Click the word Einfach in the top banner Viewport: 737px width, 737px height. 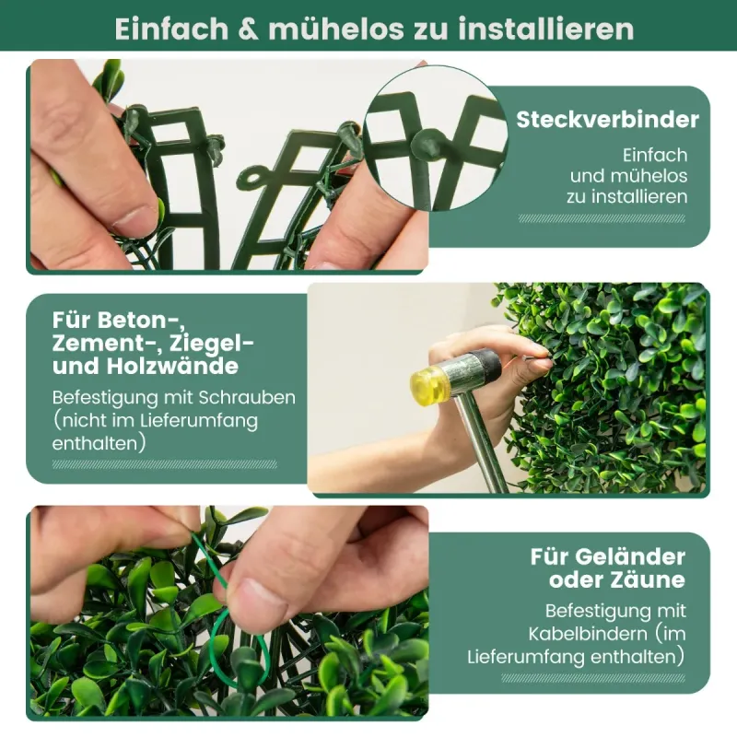tap(171, 29)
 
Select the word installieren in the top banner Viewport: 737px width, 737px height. tap(546, 29)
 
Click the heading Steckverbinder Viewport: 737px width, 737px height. tap(607, 120)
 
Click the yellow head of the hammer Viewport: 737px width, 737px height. tap(430, 381)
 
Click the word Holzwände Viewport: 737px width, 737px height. tap(172, 366)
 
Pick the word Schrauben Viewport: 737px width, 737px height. tap(247, 398)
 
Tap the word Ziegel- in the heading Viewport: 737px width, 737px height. tap(211, 344)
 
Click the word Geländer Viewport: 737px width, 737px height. tap(629, 556)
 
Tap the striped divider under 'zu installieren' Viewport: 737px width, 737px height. tap(602, 218)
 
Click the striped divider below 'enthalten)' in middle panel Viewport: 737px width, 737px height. tap(165, 464)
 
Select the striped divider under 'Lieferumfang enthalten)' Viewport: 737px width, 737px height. tap(593, 678)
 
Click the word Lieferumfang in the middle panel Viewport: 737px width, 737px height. tap(198, 421)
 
